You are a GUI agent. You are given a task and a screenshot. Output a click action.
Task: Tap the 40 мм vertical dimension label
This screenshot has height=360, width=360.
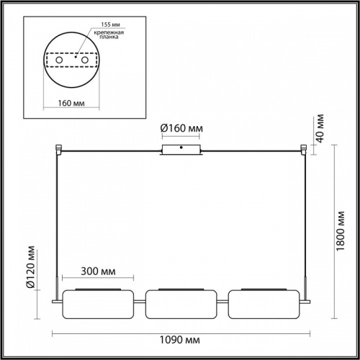click(x=320, y=131)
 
